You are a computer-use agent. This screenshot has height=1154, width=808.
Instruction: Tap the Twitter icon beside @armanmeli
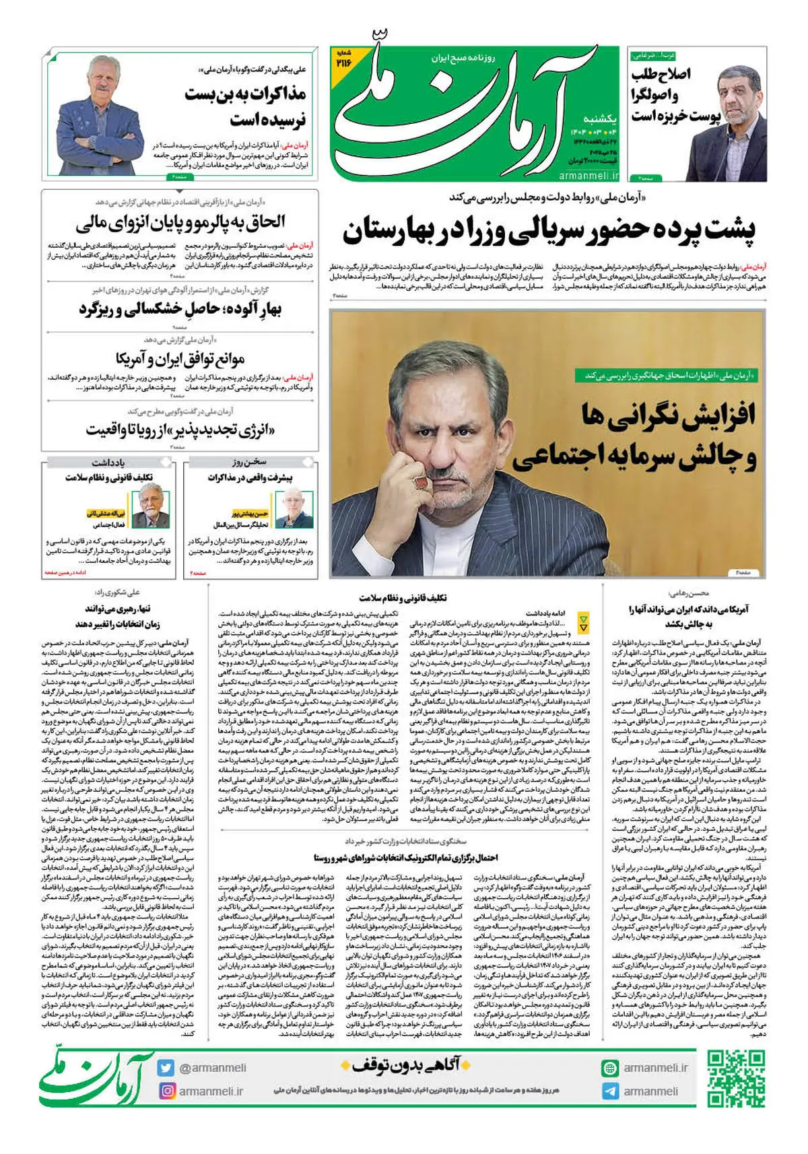pos(166,1068)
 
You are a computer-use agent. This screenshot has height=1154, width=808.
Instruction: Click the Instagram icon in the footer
pos(166,1091)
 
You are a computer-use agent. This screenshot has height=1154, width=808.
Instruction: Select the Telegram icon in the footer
pos(610,1091)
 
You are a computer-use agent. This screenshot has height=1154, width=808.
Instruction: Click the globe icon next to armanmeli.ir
pos(610,1068)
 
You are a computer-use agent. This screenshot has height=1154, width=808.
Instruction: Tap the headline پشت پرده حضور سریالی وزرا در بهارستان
pos(549,230)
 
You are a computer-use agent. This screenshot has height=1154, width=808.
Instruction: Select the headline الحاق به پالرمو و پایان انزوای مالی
pos(180,222)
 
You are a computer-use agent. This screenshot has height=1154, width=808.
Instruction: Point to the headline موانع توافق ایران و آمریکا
pos(180,358)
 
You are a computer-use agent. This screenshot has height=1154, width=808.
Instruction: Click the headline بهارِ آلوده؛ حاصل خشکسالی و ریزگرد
pos(180,309)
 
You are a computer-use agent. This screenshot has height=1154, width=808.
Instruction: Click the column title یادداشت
pos(108,463)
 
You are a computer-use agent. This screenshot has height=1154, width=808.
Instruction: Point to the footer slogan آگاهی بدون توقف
pos(401,1066)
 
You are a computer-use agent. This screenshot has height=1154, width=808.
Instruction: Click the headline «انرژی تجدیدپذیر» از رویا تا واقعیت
pos(180,429)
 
